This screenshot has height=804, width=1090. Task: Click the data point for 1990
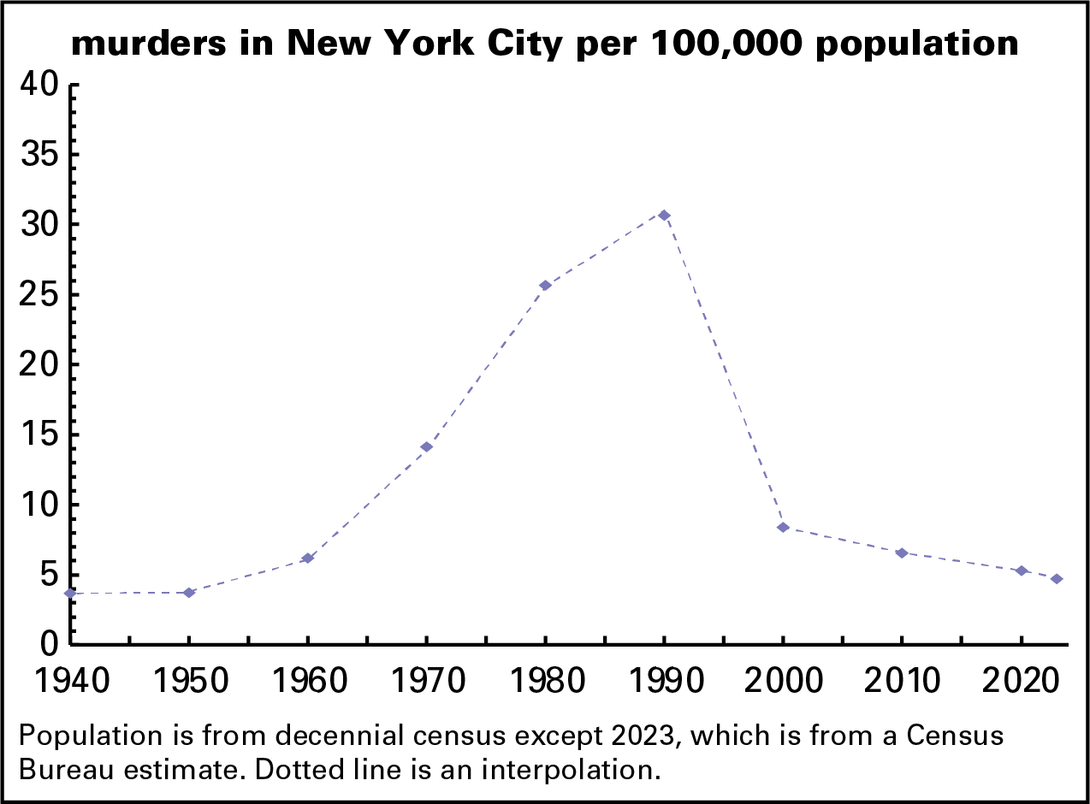pyautogui.click(x=664, y=215)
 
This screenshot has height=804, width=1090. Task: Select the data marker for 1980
pyautogui.click(x=545, y=285)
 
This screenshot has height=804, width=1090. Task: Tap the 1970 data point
pyautogui.click(x=426, y=446)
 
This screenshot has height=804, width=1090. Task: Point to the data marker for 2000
pyautogui.click(x=783, y=527)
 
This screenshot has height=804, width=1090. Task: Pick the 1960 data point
pyautogui.click(x=308, y=559)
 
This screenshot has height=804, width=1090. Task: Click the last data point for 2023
pyautogui.click(x=1057, y=579)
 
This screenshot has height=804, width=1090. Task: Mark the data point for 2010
pyautogui.click(x=902, y=553)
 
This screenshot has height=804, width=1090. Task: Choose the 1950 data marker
pyautogui.click(x=189, y=593)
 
